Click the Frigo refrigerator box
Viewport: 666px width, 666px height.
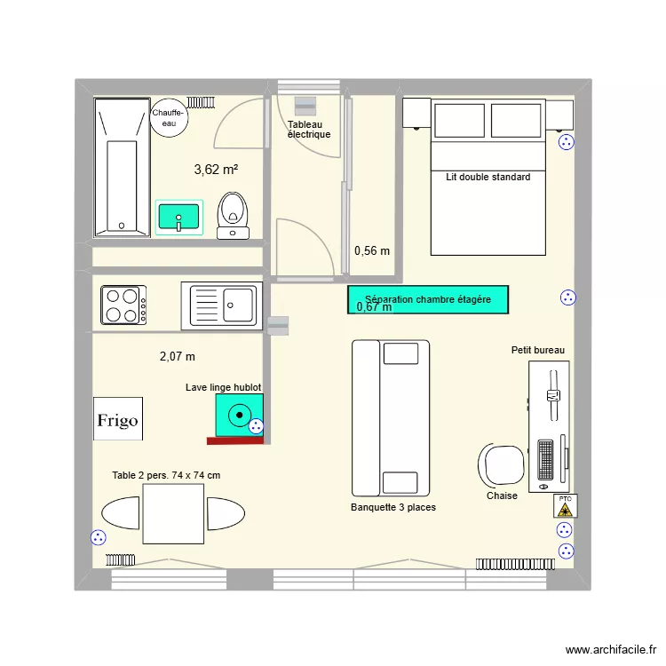(117, 419)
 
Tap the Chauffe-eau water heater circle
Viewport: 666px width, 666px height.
(168, 118)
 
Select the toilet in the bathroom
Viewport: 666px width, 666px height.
(234, 214)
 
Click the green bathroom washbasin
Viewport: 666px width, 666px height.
(179, 217)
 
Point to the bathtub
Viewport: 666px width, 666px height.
(122, 167)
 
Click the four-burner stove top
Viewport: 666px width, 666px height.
(123, 305)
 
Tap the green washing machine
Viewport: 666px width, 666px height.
(239, 415)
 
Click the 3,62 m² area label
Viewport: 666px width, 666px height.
(216, 169)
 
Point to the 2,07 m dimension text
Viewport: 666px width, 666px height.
(177, 356)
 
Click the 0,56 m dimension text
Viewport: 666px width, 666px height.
(371, 251)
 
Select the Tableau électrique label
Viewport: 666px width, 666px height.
(308, 130)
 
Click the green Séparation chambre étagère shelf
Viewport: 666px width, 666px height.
(427, 299)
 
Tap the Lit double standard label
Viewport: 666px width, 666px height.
(488, 178)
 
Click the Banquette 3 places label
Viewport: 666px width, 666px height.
(393, 507)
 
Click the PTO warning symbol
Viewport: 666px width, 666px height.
(565, 505)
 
